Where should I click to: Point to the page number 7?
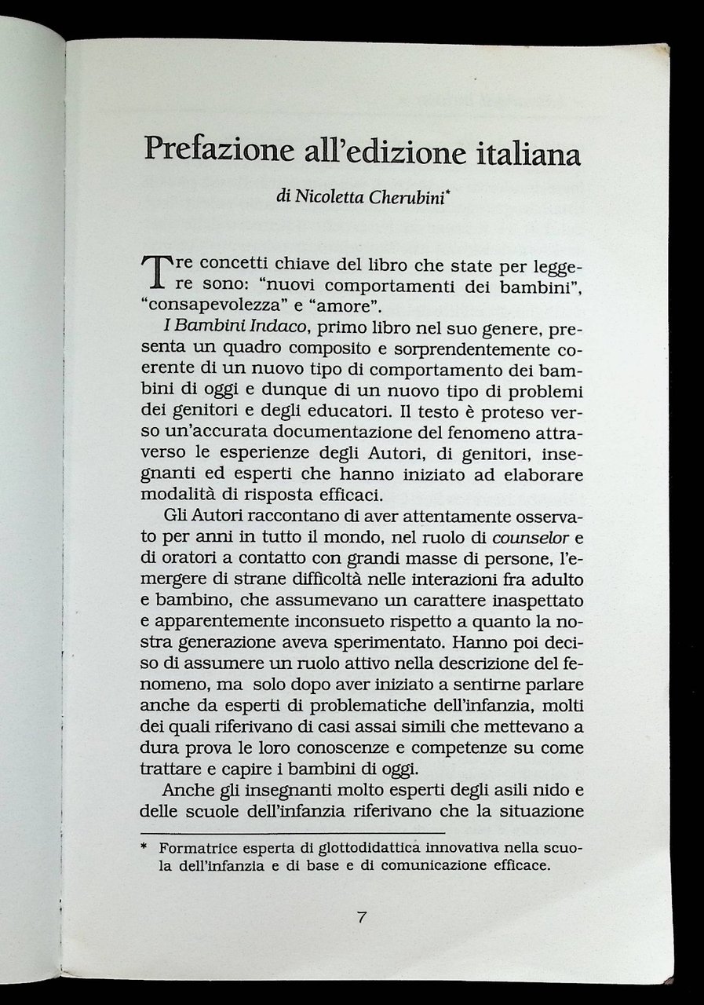(362, 916)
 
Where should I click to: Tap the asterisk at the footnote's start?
(144, 848)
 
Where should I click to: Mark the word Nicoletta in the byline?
(321, 197)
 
